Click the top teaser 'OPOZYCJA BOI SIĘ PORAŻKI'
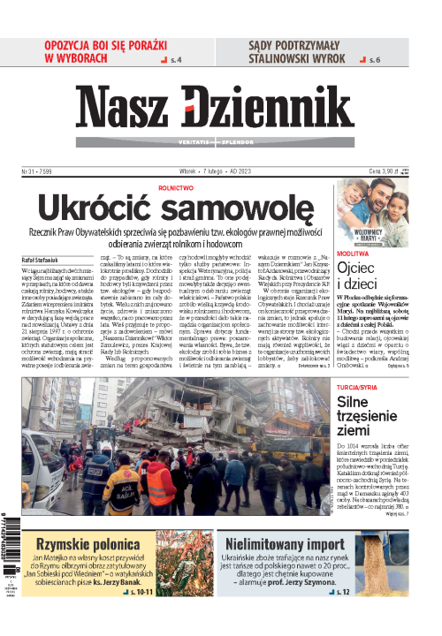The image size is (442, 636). (x=105, y=46)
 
